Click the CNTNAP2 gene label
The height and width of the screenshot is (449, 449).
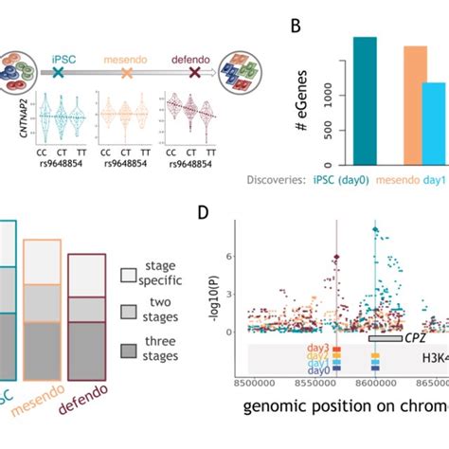coord(16,119)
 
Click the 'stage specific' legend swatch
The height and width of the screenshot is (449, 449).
coord(129,275)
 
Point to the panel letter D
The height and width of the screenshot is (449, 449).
coord(204,216)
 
